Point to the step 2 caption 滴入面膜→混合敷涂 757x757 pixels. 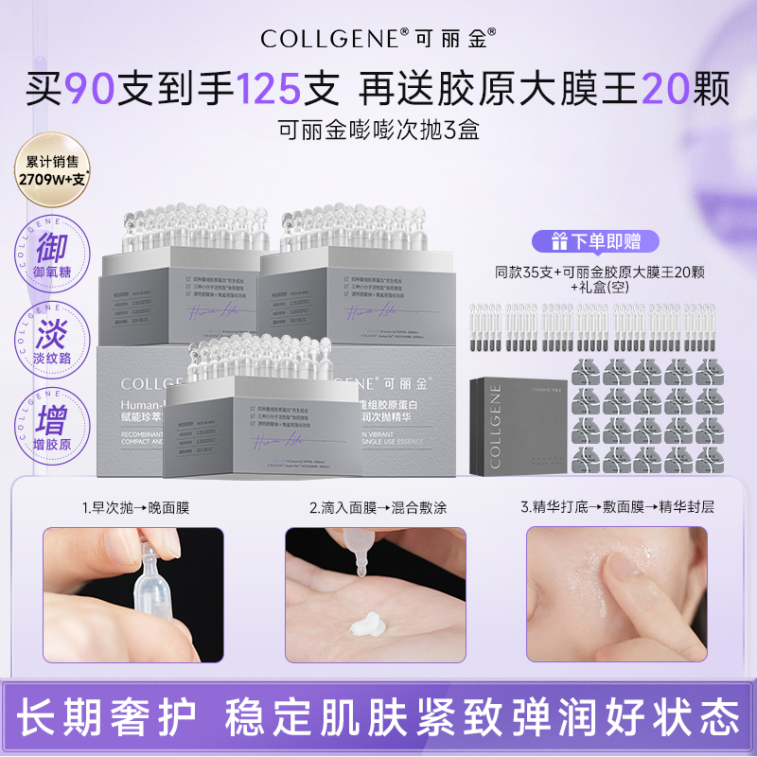click(376, 508)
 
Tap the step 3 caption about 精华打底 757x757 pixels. click(617, 508)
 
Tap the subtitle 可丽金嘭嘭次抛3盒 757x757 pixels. click(378, 130)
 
